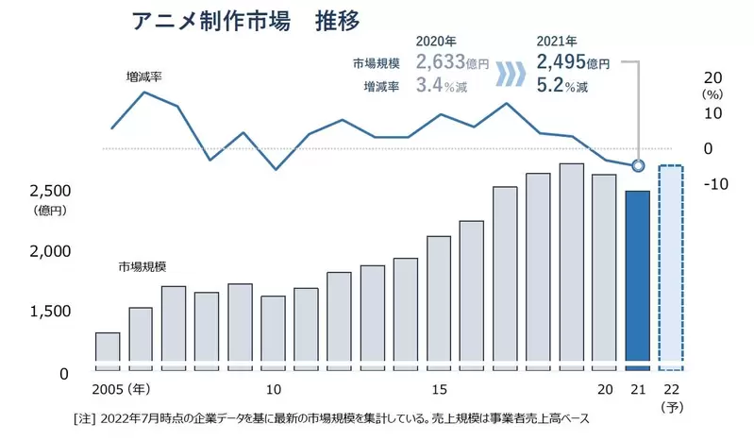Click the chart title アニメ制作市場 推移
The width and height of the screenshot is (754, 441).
click(243, 19)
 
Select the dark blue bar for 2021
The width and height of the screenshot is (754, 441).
click(637, 276)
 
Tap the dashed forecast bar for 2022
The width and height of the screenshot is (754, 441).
click(670, 267)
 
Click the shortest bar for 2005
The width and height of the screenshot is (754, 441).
click(108, 347)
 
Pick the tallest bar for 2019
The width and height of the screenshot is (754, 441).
click(571, 262)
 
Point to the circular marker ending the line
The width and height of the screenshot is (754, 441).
click(638, 166)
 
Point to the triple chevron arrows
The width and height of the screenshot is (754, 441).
click(511, 75)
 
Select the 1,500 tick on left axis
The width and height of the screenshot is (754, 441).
click(44, 312)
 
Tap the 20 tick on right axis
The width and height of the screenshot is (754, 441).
click(712, 76)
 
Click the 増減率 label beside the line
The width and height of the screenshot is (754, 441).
click(144, 76)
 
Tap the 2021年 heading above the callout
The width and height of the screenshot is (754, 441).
click(557, 42)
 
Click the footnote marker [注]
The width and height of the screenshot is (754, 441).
click(84, 417)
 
